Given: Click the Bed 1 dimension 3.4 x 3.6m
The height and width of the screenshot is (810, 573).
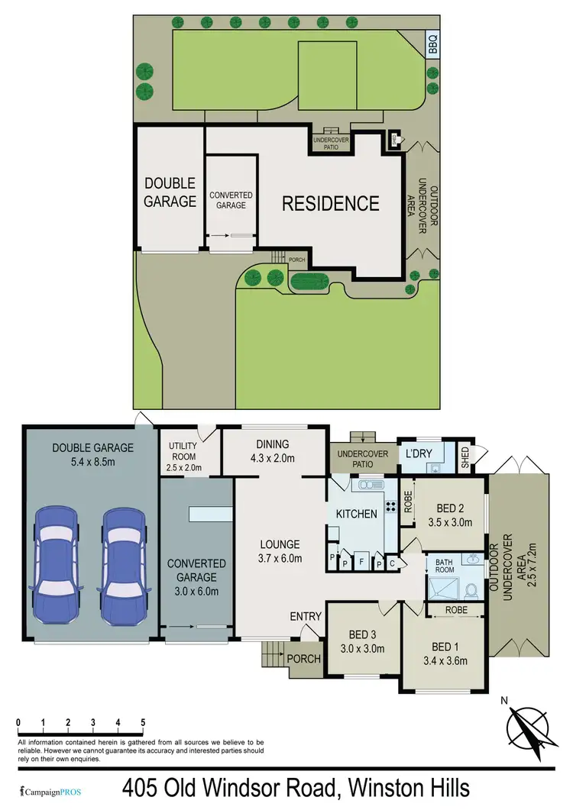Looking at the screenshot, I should tap(444, 661).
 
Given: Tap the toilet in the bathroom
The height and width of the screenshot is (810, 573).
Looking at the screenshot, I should tap(471, 591).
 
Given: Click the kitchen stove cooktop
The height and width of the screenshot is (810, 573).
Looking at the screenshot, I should tap(390, 505).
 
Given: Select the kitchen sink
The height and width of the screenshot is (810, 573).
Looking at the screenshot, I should tap(369, 484).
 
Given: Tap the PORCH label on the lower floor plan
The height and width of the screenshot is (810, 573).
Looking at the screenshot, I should tap(304, 658).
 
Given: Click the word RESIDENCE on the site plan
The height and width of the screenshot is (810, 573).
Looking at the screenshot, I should tap(330, 203).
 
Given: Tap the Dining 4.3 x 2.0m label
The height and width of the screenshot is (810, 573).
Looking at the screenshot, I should tap(273, 450).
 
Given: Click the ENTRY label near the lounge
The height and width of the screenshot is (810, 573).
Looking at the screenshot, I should tap(306, 616).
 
